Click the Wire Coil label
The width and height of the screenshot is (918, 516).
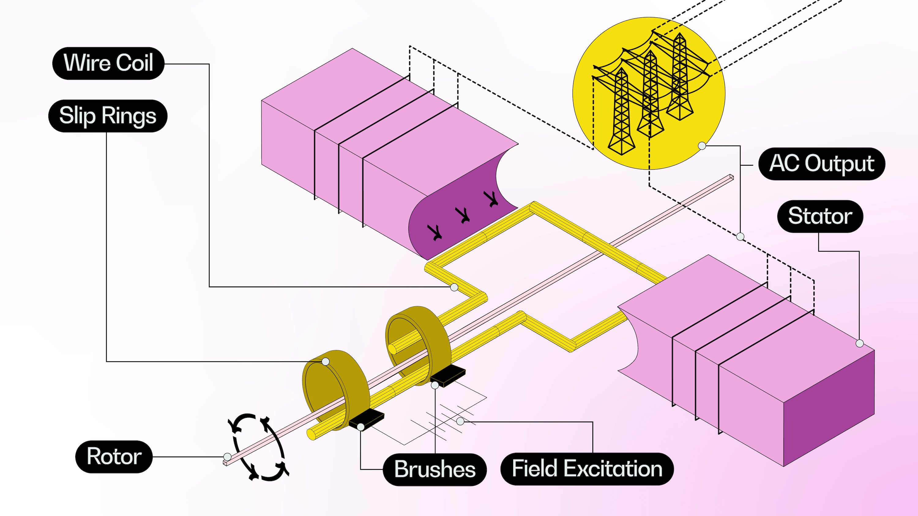(108, 63)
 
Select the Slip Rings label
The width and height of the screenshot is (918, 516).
(108, 116)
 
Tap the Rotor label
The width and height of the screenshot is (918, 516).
(114, 456)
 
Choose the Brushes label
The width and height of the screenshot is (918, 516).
(435, 469)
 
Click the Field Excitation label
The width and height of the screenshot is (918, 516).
(587, 469)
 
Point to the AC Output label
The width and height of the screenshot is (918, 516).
(822, 164)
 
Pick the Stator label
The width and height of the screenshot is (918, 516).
(820, 216)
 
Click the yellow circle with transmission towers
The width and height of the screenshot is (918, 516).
(649, 93)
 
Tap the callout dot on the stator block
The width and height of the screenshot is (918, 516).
(860, 343)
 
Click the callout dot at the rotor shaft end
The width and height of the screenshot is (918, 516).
(227, 456)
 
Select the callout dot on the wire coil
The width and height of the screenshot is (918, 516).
(454, 287)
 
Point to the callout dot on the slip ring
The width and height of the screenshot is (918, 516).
(325, 361)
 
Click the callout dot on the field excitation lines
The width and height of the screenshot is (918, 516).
(461, 422)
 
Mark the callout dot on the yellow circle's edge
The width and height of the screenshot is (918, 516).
(702, 146)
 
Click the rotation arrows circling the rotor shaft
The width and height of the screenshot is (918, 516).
(258, 447)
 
